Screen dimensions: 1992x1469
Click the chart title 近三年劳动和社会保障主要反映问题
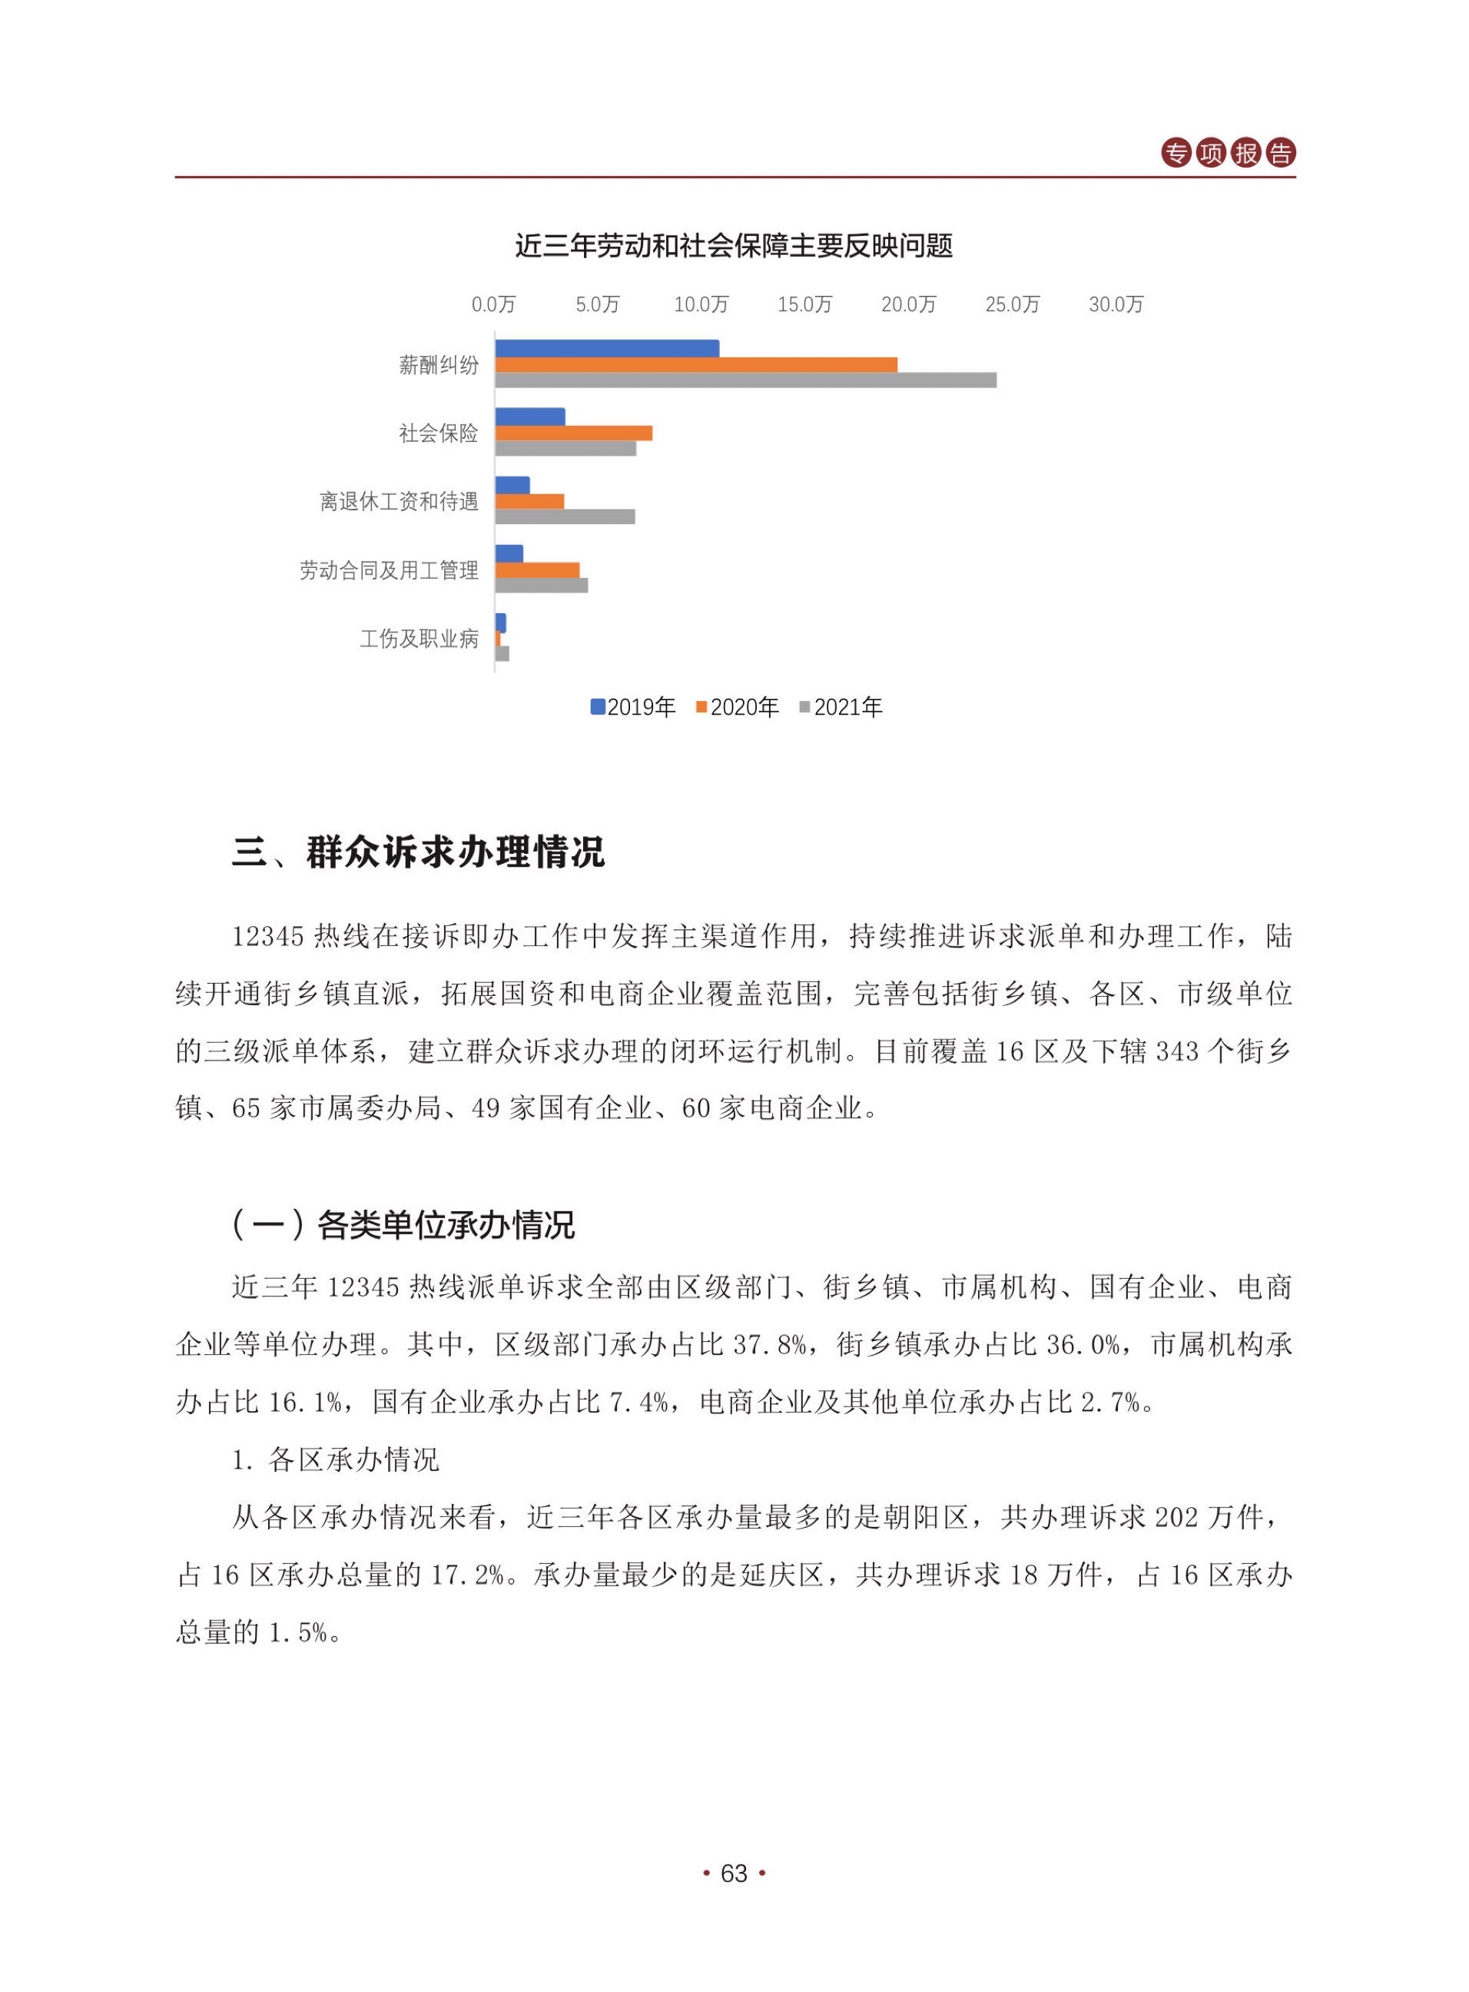(x=734, y=245)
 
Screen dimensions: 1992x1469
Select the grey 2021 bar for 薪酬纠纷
(x=745, y=380)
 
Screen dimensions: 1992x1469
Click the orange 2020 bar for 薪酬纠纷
(x=695, y=364)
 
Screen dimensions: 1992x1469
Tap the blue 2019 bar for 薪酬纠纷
(x=606, y=349)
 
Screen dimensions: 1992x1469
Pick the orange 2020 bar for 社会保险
(x=574, y=433)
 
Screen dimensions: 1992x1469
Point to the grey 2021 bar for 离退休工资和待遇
(x=565, y=516)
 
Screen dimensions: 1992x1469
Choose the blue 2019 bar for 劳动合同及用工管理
(x=509, y=554)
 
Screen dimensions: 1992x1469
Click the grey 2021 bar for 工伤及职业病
(x=502, y=653)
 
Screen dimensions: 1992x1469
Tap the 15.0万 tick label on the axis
(x=804, y=305)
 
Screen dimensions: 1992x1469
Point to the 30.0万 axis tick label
(x=1116, y=305)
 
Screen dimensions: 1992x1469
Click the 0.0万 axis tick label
(x=493, y=305)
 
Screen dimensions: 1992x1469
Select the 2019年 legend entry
(x=633, y=707)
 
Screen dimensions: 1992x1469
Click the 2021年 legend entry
(x=841, y=707)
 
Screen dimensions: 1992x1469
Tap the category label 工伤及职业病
(x=419, y=639)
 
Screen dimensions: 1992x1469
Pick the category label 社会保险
(x=439, y=433)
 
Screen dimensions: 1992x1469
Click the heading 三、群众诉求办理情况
(x=418, y=852)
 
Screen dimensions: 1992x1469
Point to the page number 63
(x=734, y=1874)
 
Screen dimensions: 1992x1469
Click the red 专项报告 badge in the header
(x=1228, y=153)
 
